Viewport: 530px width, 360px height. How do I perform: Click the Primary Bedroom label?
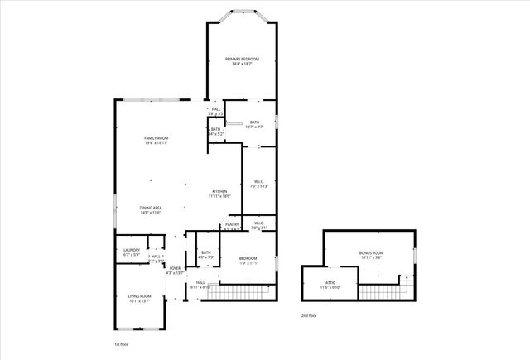click(243, 59)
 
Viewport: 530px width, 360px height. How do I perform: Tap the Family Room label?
click(157, 138)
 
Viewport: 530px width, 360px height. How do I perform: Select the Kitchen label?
click(219, 191)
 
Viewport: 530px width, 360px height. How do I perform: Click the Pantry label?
click(232, 225)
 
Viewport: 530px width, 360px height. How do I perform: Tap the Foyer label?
click(175, 268)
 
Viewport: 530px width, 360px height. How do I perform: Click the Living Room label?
click(138, 296)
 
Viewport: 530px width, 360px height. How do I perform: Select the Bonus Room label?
click(371, 252)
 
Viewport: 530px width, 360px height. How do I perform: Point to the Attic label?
click(330, 283)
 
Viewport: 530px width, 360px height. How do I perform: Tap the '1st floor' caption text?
click(122, 343)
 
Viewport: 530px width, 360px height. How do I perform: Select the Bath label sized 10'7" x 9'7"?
click(254, 122)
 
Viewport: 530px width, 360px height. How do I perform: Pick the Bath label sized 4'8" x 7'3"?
click(205, 253)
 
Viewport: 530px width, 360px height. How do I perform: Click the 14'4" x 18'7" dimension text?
click(243, 64)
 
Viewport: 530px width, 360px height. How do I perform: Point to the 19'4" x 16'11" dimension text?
click(157, 143)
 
